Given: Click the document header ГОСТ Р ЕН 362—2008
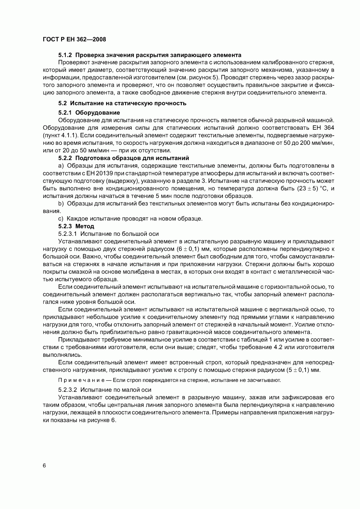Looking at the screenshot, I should tap(74, 39).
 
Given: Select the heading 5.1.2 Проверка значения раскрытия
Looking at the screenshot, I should tap(149, 55).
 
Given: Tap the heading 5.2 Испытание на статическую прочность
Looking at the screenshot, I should tap(122, 103).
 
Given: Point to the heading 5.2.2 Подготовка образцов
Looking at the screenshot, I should tap(123, 158).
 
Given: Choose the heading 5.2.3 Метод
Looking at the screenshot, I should tap(76, 226).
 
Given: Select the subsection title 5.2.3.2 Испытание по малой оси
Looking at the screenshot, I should tap(105, 390).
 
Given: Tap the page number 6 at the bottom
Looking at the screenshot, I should tap(44, 466).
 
